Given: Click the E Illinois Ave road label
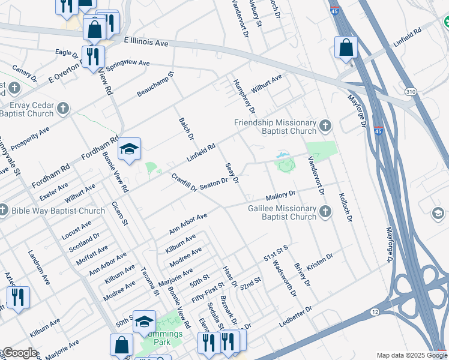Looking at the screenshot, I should point(147,41).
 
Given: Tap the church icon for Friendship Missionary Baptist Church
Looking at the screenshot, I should point(325,125).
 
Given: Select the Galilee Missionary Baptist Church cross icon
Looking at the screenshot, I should point(325,211).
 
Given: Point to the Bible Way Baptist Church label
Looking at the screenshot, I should point(58,211).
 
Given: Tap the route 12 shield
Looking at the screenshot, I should point(375,311).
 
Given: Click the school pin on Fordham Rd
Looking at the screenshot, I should point(129,151).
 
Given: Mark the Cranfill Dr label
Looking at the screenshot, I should point(184,183).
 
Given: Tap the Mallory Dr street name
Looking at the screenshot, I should point(281,196).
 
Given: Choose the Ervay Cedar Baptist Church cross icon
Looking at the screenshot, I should point(63,109).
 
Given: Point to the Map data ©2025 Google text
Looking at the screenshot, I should point(412,355).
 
